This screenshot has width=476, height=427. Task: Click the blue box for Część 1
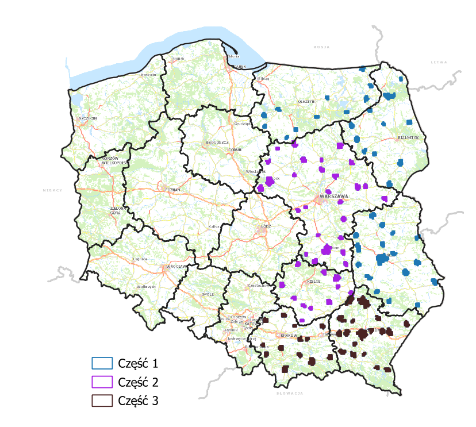click(102, 363)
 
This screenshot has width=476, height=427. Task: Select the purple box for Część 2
click(102, 382)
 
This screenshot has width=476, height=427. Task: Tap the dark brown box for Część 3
click(102, 401)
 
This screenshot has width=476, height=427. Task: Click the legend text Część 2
click(137, 382)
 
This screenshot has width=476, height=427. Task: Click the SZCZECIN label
click(88, 118)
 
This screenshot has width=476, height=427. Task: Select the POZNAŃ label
click(172, 190)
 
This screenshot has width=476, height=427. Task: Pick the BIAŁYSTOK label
click(409, 138)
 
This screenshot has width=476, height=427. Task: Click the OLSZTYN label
click(306, 101)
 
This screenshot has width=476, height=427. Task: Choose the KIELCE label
click(312, 282)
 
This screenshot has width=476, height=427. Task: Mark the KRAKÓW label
click(287, 336)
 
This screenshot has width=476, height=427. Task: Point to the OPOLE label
click(208, 294)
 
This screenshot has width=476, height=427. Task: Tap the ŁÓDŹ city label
click(265, 226)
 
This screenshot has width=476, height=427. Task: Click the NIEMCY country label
click(52, 190)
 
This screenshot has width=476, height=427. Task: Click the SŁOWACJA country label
click(289, 394)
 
